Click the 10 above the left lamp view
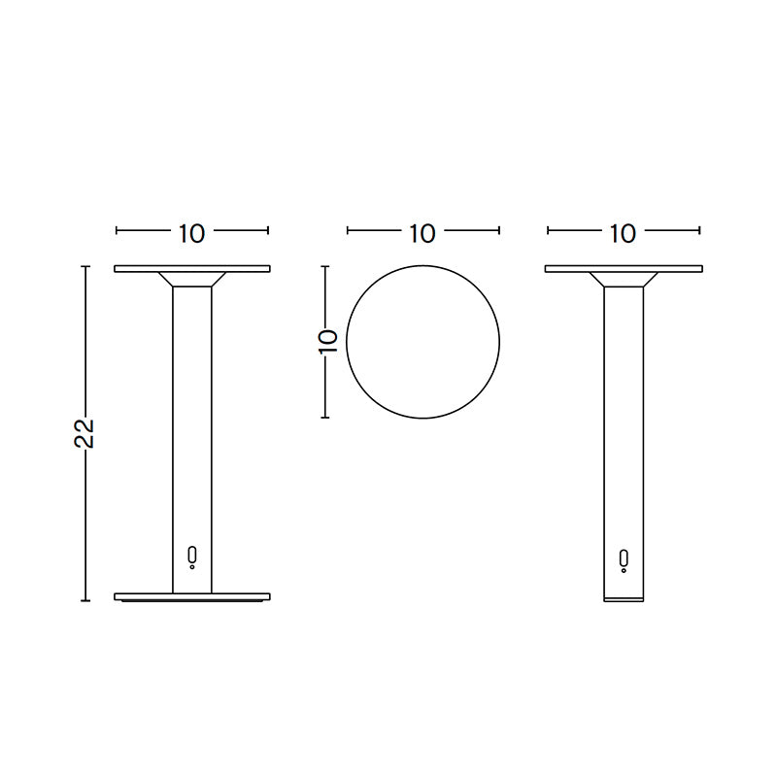(191, 233)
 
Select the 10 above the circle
(422, 233)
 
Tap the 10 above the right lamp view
(624, 233)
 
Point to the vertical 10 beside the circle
(327, 341)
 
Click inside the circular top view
(423, 342)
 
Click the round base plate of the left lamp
(192, 596)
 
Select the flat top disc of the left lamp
(192, 268)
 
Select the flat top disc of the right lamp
(623, 268)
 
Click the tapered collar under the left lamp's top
(192, 280)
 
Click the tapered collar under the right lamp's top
(623, 280)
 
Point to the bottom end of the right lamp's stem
(623, 596)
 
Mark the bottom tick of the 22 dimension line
(85, 600)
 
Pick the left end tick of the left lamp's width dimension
(117, 231)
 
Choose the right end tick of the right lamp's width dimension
(698, 231)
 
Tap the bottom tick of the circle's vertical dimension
(326, 418)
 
